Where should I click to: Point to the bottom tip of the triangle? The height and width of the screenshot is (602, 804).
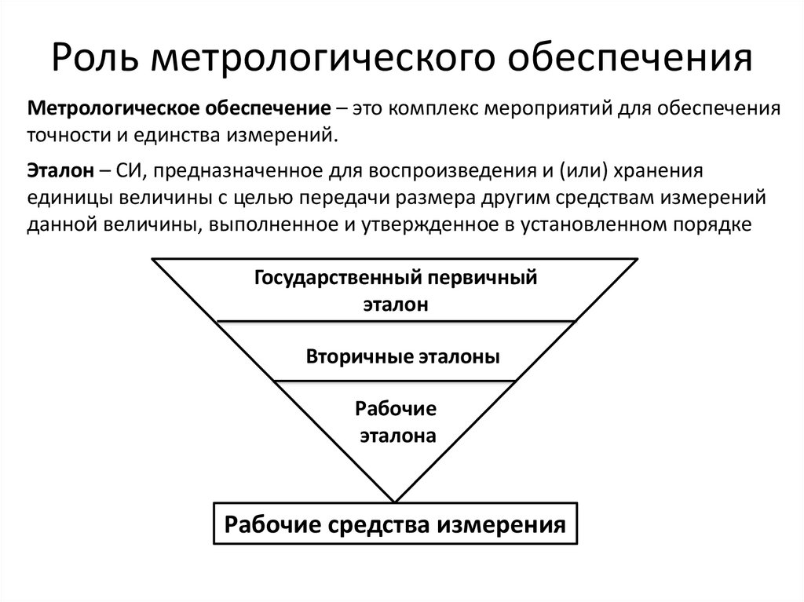(x=396, y=500)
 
